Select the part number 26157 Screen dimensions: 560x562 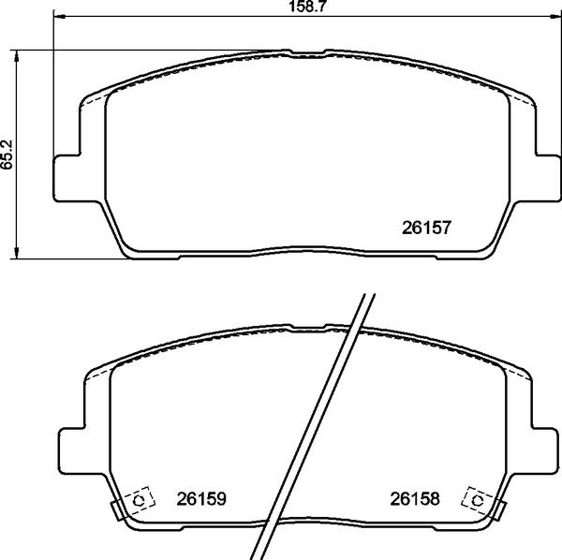click(427, 226)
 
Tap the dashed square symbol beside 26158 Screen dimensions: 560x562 click(478, 501)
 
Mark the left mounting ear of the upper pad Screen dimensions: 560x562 click(66, 176)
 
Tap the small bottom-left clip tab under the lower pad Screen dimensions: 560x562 click(118, 510)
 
